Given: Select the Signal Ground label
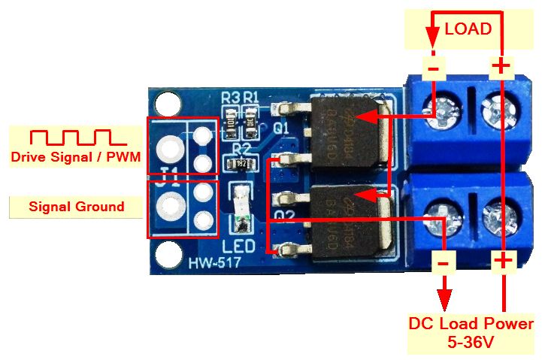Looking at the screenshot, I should [76, 206].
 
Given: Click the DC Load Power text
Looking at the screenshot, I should [471, 324].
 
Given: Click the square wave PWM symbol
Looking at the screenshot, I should [67, 137].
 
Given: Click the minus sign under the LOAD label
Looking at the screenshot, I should [434, 68].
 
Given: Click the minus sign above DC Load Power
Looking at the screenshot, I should [444, 262].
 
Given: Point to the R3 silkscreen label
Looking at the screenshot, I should [230, 97].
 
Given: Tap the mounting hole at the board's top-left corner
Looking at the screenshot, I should [165, 102].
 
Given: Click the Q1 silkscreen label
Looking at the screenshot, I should [282, 129].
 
